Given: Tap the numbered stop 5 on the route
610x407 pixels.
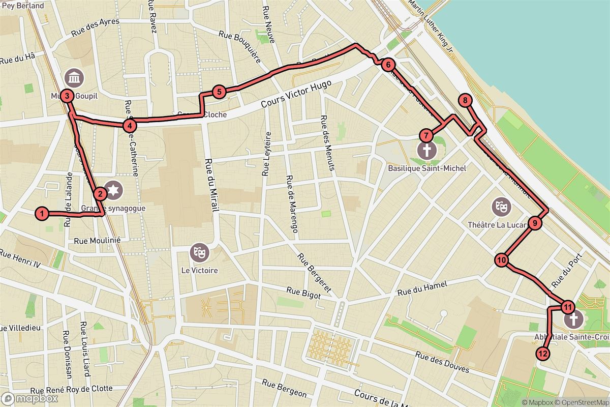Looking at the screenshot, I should coord(218,92).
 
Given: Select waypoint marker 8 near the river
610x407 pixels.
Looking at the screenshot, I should coord(465,101).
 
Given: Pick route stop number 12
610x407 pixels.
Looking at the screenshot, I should coord(543,353).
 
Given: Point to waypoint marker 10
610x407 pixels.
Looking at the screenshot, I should coord(501,260).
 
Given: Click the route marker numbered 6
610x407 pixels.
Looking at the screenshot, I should coord(387,65).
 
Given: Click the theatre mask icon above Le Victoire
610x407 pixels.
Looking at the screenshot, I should coord(199,252).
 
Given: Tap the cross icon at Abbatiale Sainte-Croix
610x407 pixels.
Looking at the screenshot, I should coord(574,319).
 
